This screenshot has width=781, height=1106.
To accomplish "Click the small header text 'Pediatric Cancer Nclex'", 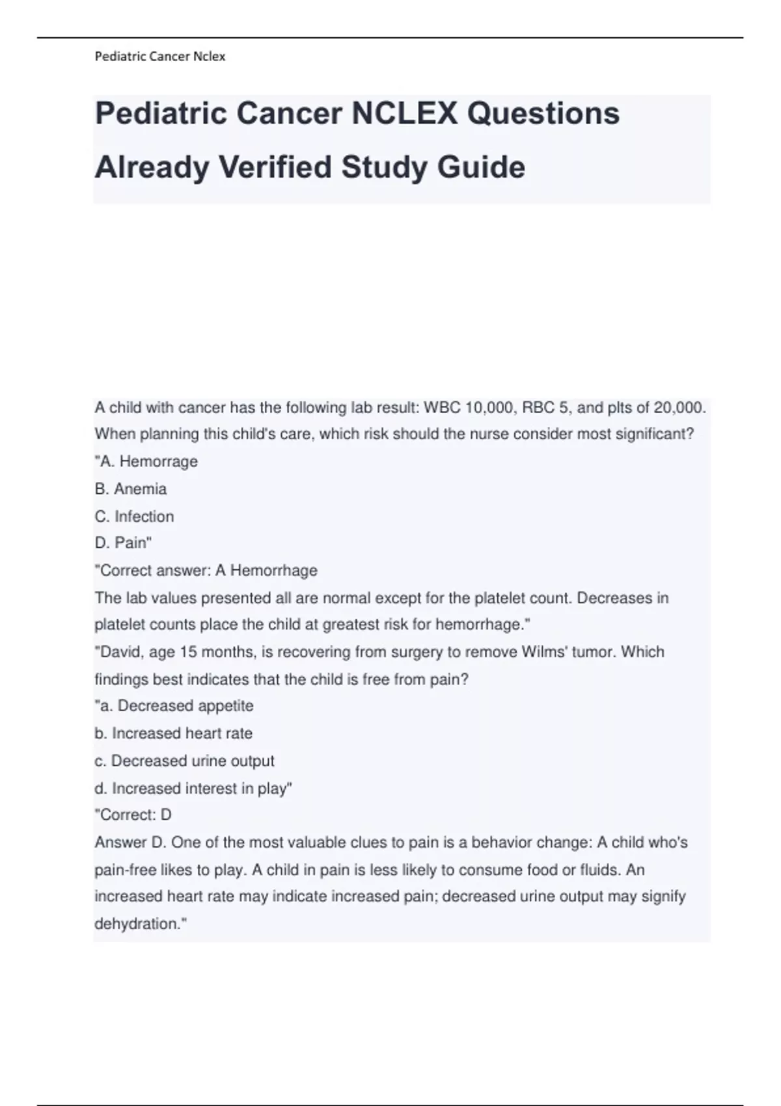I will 160,57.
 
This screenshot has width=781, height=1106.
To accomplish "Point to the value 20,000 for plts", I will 679,408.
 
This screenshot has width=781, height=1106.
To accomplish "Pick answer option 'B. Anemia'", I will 131,489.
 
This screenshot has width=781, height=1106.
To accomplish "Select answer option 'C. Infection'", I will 135,517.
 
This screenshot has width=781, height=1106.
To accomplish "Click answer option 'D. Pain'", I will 123,543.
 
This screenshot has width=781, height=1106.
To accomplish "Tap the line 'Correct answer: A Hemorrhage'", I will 206,571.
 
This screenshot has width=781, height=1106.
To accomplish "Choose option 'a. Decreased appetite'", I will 174,706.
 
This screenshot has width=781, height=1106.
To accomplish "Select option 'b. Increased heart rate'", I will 174,733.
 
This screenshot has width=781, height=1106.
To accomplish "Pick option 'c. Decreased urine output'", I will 185,761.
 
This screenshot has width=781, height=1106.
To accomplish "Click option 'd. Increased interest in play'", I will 193,789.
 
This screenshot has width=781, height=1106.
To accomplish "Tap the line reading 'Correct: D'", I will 133,815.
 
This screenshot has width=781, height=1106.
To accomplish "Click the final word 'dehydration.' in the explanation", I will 139,924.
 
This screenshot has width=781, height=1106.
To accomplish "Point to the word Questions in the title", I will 543,114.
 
